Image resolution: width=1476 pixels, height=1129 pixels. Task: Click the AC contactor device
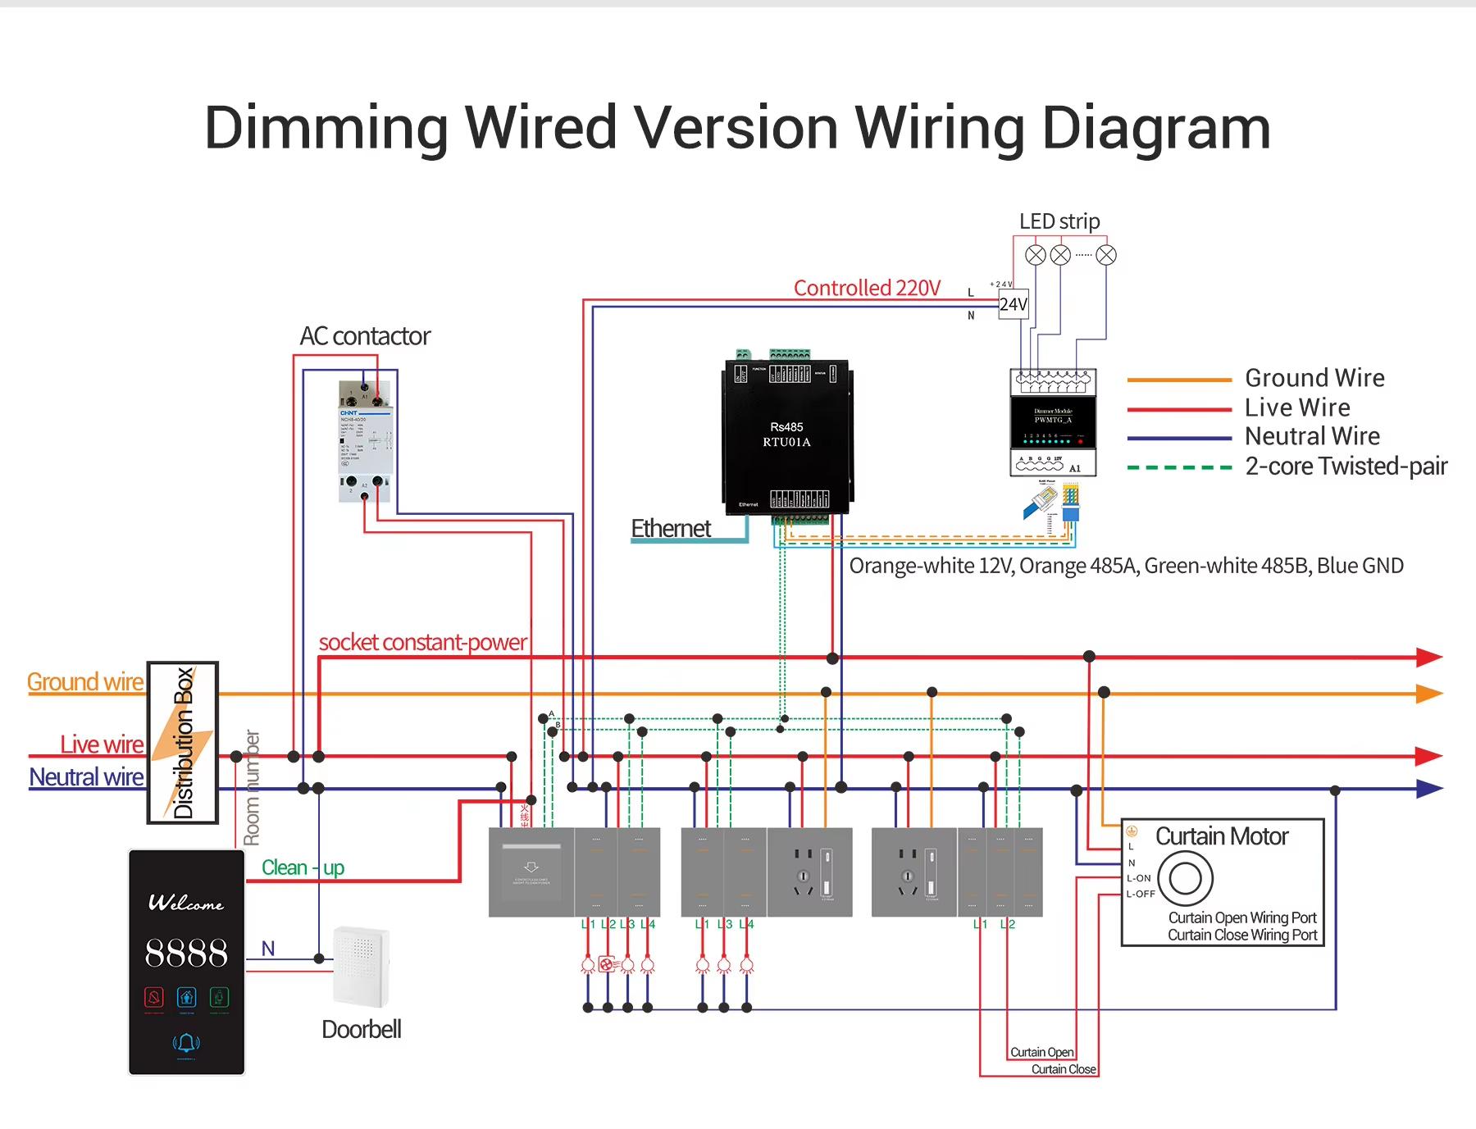point(366,441)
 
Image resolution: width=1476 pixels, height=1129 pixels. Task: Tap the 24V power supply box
point(1014,304)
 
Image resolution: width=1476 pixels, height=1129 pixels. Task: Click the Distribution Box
point(183,742)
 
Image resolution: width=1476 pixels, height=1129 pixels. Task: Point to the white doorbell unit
point(361,966)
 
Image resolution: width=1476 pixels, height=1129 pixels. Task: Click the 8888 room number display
point(186,953)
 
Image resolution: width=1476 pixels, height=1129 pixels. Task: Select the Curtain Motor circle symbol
point(1185,878)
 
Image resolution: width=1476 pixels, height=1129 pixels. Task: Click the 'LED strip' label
point(1059,221)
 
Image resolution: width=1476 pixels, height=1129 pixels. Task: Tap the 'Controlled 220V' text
point(867,289)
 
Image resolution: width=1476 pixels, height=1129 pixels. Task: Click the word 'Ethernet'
point(670,529)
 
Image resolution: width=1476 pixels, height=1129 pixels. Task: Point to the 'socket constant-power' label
point(422,642)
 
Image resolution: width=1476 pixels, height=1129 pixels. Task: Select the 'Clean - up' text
point(303,867)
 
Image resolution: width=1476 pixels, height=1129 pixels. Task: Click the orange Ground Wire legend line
point(1179,380)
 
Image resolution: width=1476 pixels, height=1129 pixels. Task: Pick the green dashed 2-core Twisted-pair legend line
point(1179,467)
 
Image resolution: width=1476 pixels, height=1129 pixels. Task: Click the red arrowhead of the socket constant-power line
point(1428,657)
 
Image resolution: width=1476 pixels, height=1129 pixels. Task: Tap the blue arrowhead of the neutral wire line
point(1428,789)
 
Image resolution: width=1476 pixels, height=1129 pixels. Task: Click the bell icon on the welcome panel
point(186,1043)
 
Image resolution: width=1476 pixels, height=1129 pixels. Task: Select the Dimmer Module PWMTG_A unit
point(1053,422)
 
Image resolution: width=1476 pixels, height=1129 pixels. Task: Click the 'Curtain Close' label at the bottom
point(1063,1069)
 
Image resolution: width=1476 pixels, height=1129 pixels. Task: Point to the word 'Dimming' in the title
point(325,129)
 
